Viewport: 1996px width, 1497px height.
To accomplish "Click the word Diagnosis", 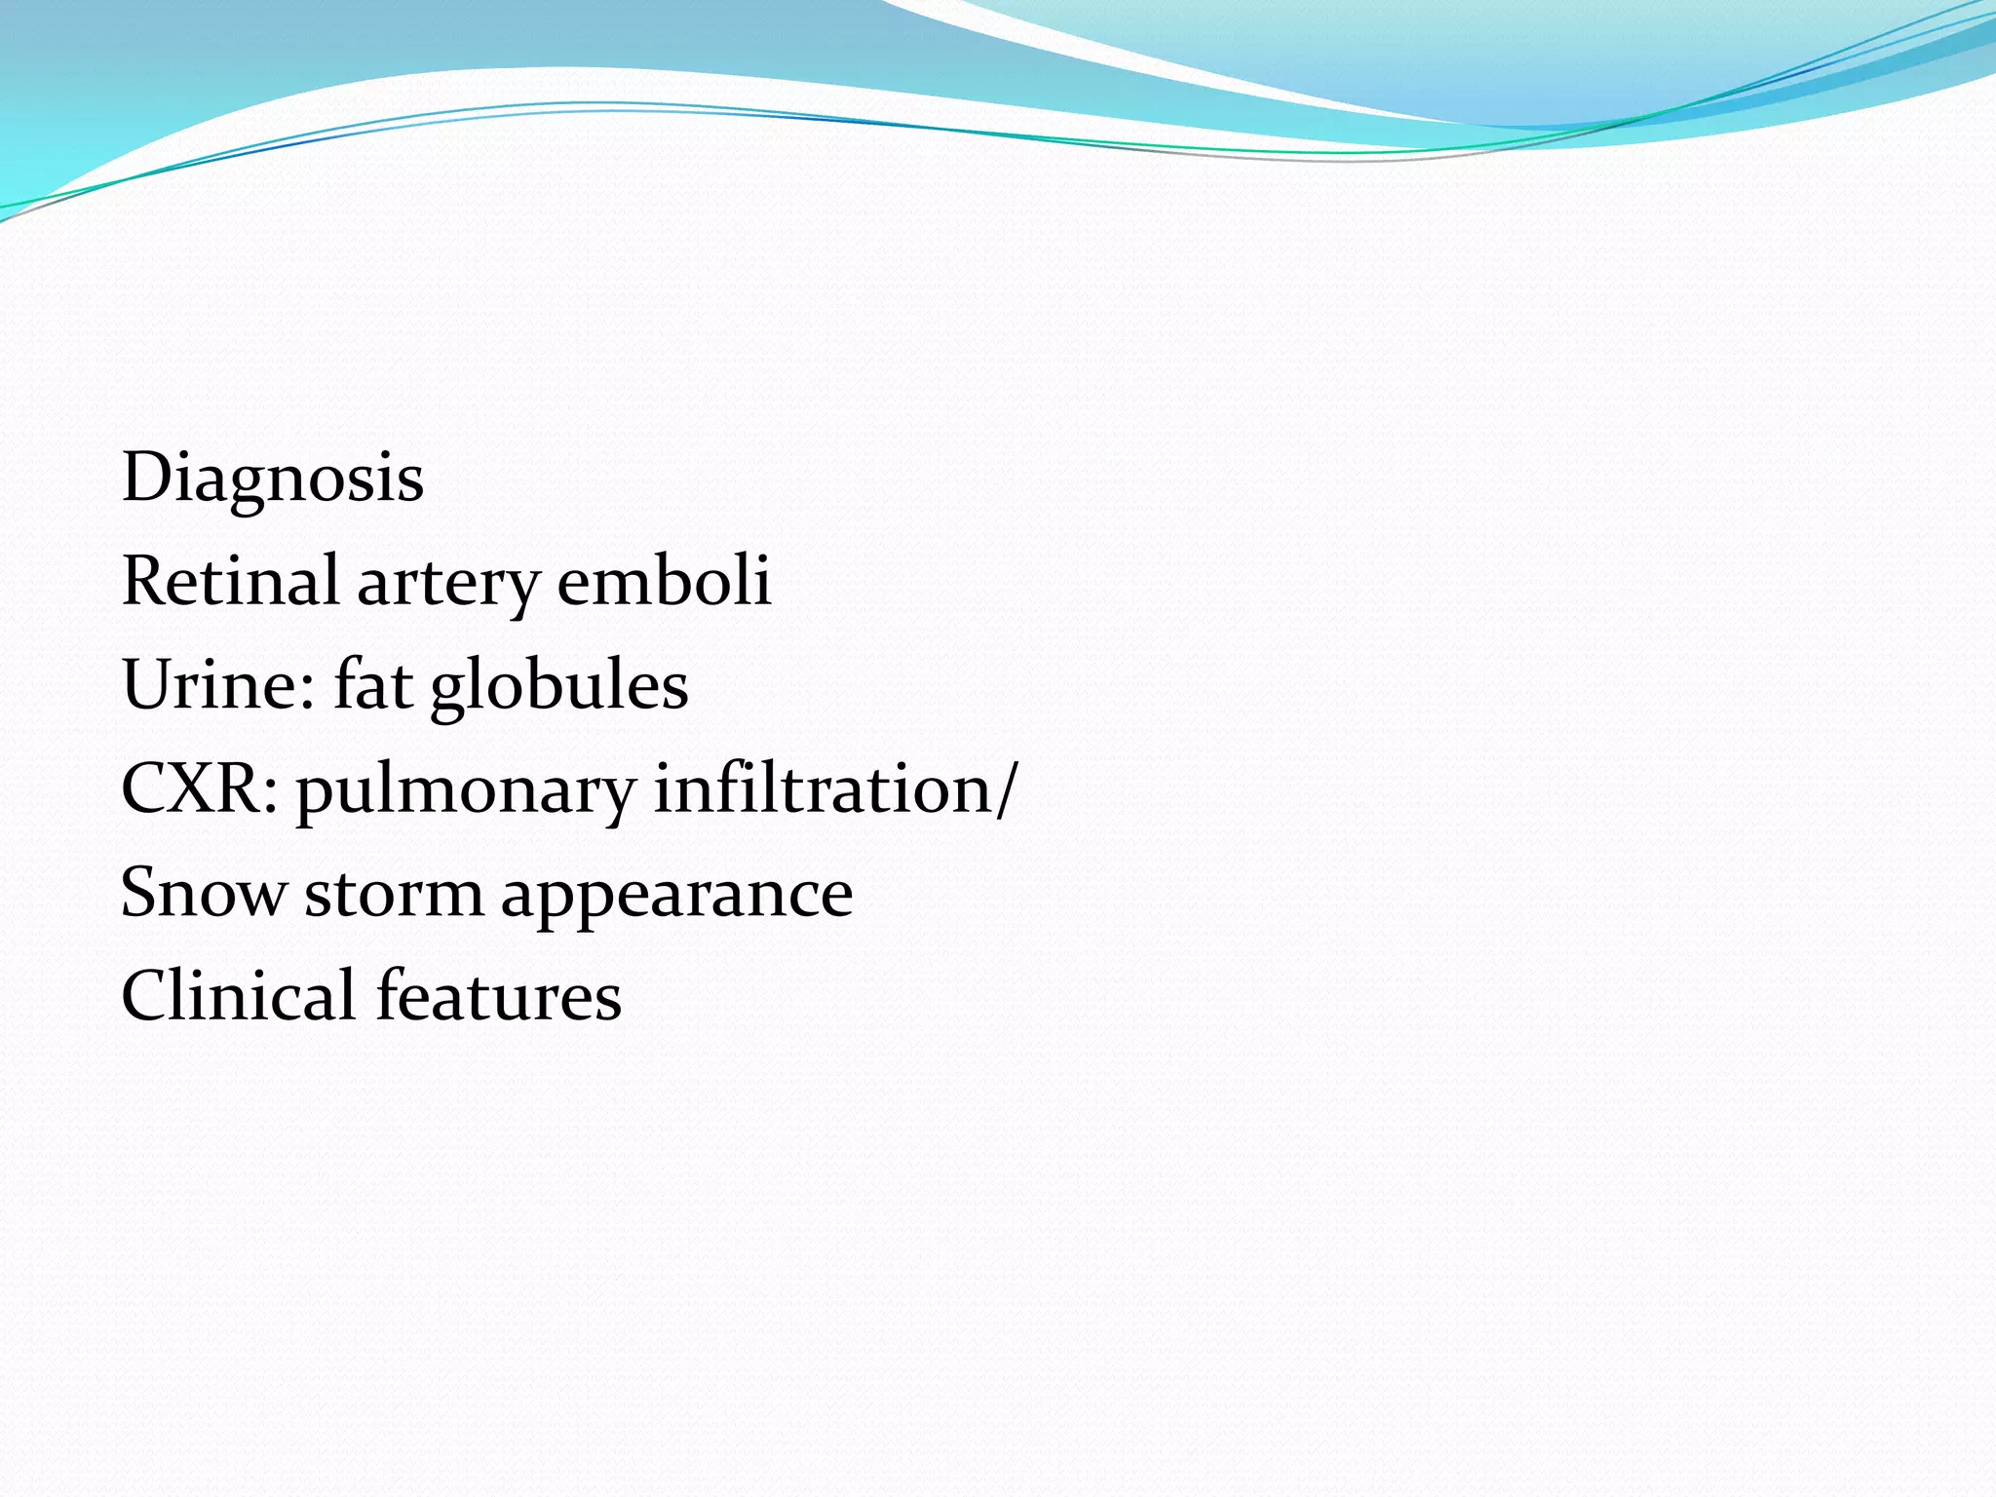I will coord(273,480).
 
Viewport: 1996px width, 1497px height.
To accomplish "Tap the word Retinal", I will coord(230,581).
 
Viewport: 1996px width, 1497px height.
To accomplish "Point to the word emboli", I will coord(664,581).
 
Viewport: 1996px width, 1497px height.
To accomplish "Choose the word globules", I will coord(559,686).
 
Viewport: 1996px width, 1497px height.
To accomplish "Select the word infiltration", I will coord(824,788).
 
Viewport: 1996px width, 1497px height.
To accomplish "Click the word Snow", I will coord(204,893).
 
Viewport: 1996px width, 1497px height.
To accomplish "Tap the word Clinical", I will coord(238,996).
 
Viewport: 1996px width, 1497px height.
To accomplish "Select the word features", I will coord(499,996).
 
